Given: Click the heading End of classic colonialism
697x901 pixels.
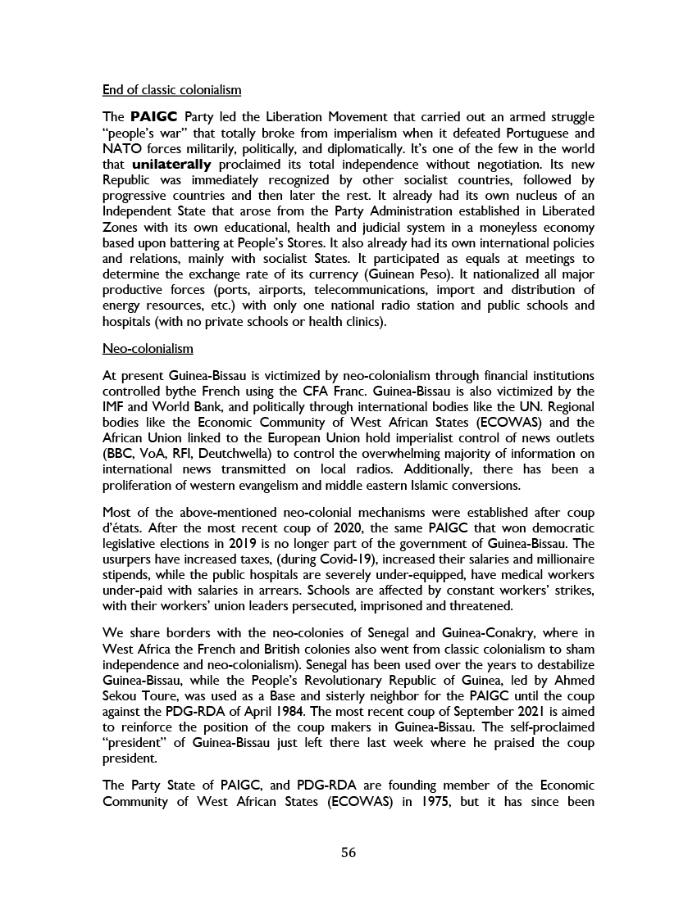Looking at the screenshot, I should click(171, 88).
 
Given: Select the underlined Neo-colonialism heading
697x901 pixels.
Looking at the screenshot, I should click(148, 349).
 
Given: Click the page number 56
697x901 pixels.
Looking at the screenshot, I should click(348, 852).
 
